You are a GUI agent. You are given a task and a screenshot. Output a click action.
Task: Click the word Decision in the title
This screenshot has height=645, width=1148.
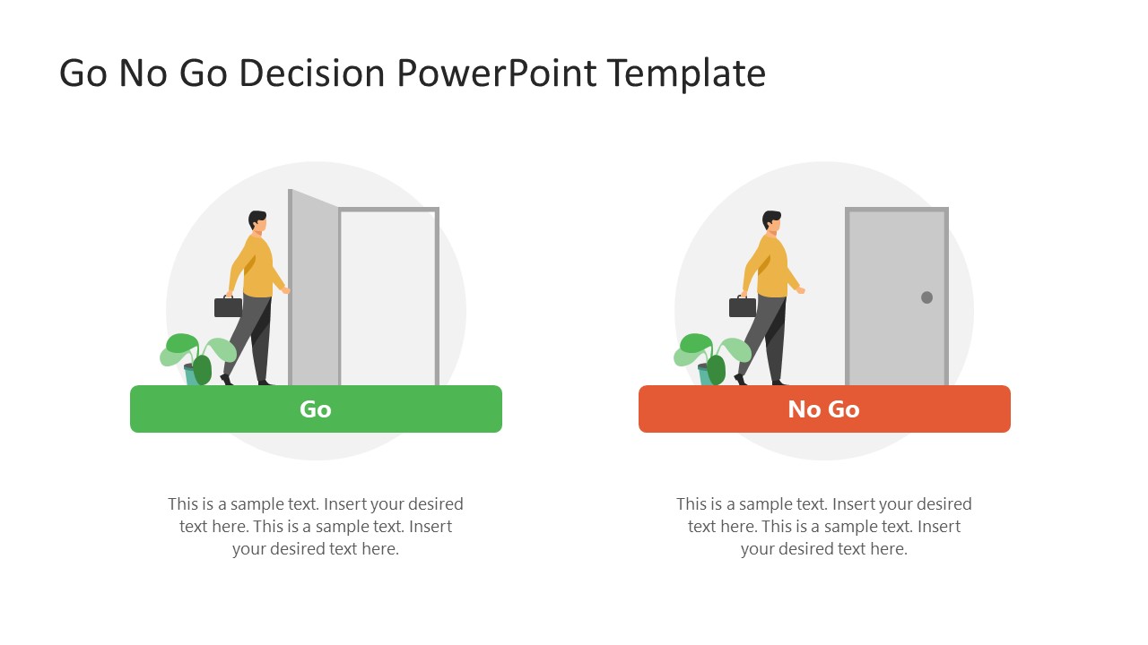(x=315, y=73)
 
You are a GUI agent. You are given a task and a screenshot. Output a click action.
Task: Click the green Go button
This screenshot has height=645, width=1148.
(x=316, y=409)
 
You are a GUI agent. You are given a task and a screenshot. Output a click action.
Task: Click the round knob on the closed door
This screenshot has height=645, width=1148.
(x=926, y=297)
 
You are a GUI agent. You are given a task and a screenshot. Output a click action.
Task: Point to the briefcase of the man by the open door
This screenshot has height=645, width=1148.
(x=229, y=307)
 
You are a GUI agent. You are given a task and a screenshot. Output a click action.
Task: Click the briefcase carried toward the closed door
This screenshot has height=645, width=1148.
(x=743, y=307)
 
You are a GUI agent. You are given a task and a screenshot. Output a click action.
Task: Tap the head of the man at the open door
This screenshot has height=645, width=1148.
(x=257, y=221)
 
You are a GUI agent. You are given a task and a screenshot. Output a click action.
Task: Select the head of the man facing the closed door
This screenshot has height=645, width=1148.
(x=771, y=221)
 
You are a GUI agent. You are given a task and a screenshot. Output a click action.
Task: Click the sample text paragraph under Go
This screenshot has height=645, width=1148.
(x=316, y=527)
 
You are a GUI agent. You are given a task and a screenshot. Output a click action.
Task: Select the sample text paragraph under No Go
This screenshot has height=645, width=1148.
(x=824, y=527)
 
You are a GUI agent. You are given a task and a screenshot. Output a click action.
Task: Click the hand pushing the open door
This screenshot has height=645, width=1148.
(x=285, y=289)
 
